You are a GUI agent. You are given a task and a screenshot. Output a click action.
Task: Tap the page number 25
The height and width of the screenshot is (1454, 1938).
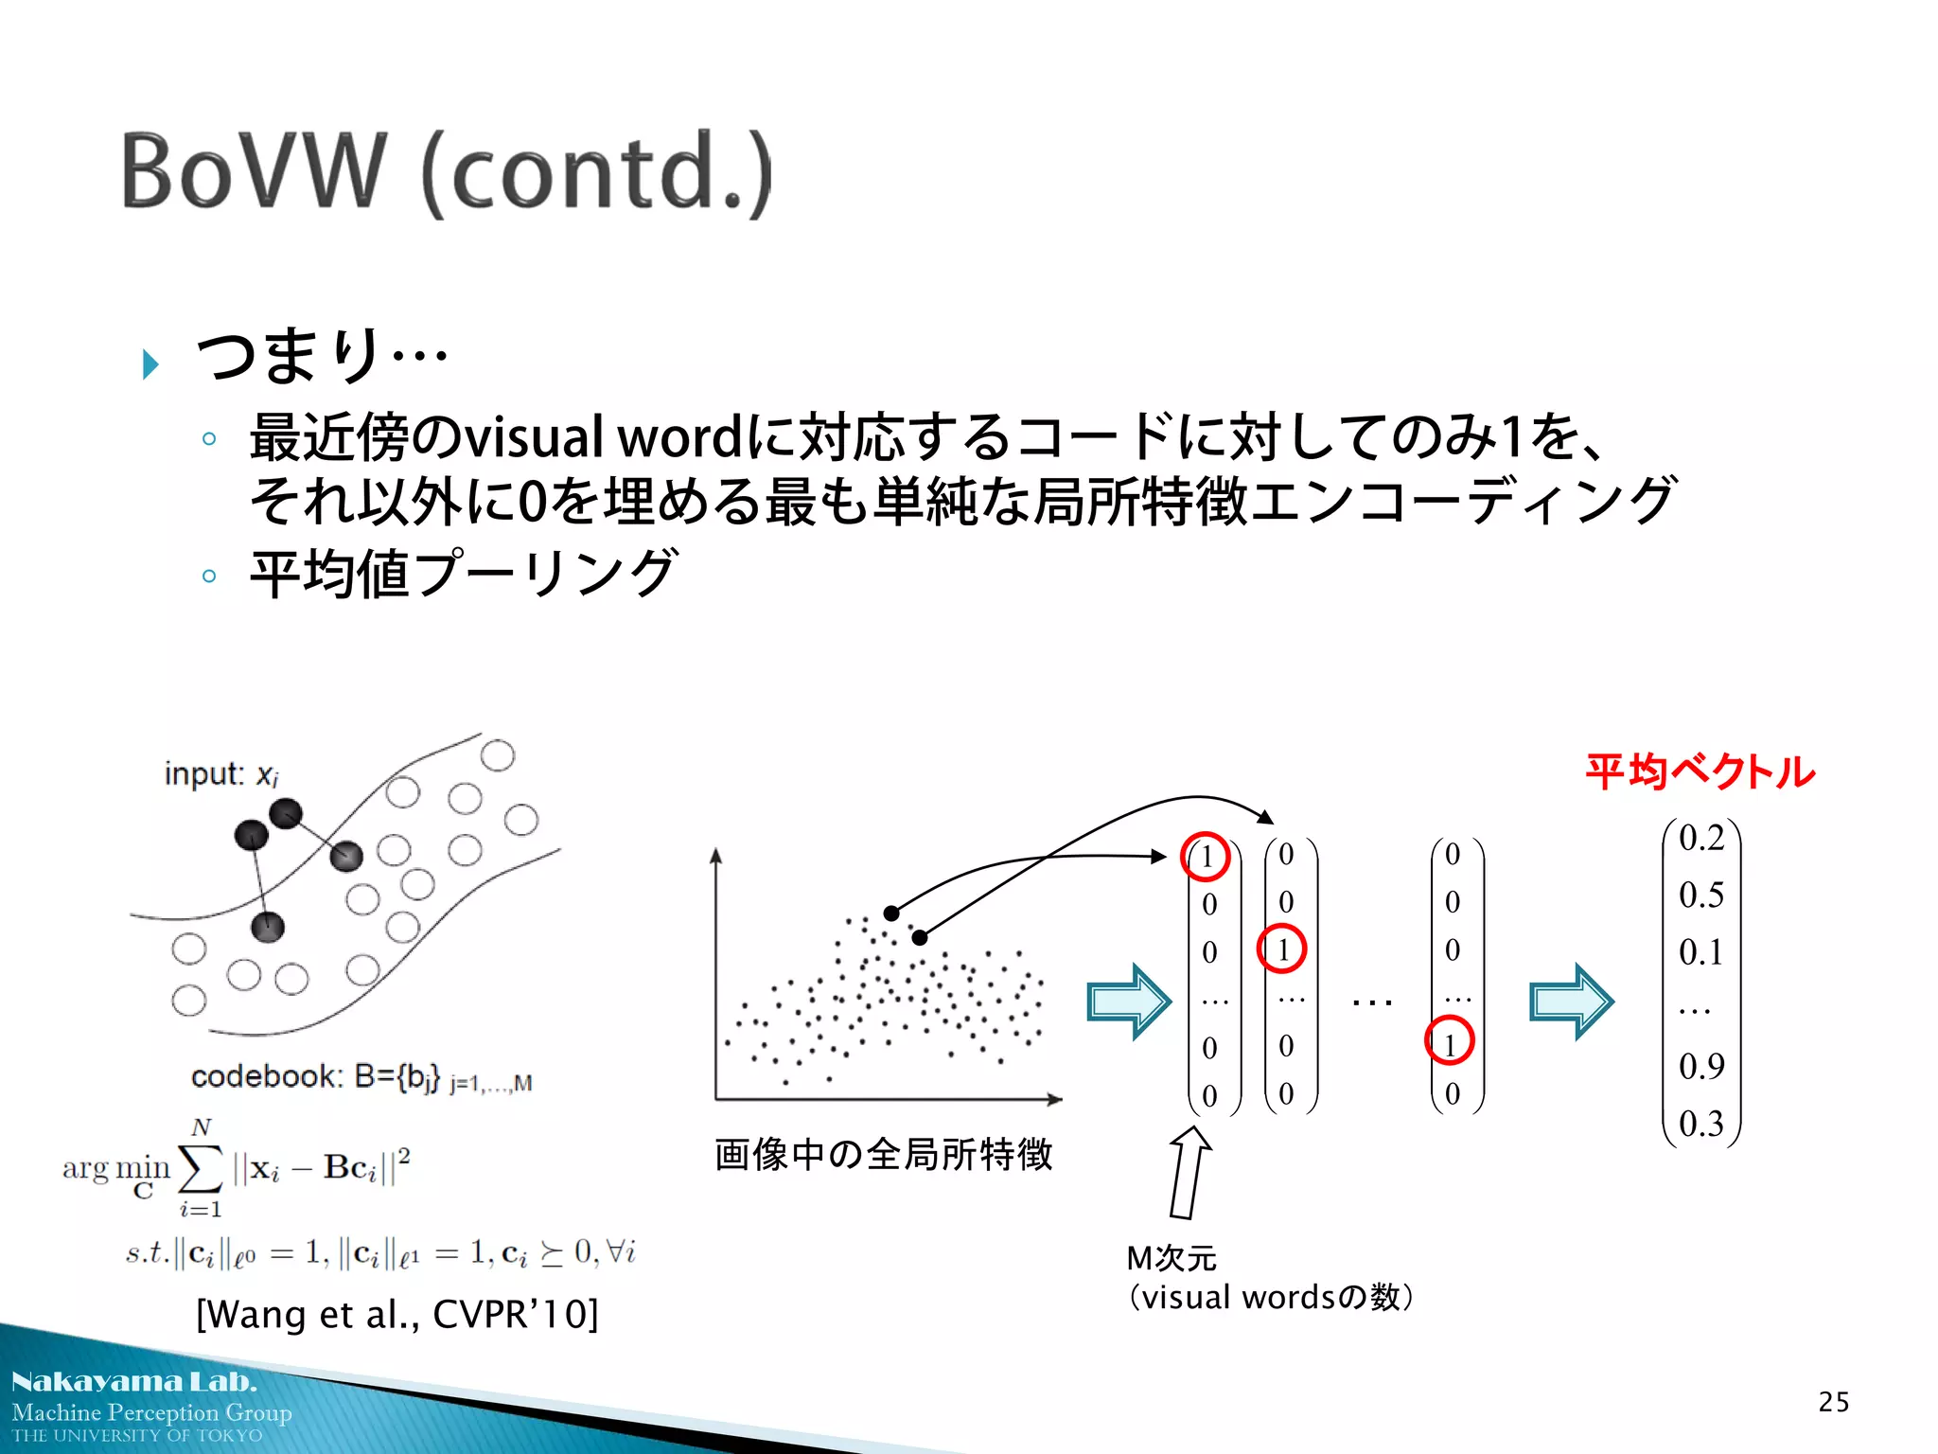1833,1402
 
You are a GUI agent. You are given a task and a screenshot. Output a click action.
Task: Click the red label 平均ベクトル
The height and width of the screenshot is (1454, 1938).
1700,771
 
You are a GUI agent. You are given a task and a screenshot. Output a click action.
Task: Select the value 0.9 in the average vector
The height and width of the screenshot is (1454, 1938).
1700,1067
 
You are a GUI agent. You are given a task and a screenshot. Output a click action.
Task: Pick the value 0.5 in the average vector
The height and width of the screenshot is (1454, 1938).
1700,895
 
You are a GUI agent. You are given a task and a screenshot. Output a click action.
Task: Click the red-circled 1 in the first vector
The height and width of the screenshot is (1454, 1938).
1206,857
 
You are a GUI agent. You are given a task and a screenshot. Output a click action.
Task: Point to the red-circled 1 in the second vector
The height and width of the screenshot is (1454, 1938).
1281,949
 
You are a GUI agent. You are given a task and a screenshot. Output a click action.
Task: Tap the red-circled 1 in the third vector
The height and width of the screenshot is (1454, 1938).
1449,1040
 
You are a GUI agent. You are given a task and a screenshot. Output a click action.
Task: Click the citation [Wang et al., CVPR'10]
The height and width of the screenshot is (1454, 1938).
396,1314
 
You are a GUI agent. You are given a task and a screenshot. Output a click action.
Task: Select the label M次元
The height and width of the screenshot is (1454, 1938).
1171,1258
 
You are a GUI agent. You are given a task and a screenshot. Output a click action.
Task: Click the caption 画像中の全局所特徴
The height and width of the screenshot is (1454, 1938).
883,1155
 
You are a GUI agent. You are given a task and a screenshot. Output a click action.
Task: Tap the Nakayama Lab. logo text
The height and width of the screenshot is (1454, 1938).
134,1381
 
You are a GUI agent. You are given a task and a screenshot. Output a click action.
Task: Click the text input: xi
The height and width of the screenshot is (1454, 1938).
220,774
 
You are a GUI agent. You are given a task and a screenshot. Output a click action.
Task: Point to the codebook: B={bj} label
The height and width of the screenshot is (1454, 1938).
360,1077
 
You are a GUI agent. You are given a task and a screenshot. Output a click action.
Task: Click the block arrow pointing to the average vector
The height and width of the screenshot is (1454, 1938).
1571,1002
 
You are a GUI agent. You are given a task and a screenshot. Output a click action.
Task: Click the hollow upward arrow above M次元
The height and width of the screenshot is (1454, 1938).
1189,1172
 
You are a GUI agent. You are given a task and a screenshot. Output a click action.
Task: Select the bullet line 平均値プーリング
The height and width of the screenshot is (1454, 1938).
463,574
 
